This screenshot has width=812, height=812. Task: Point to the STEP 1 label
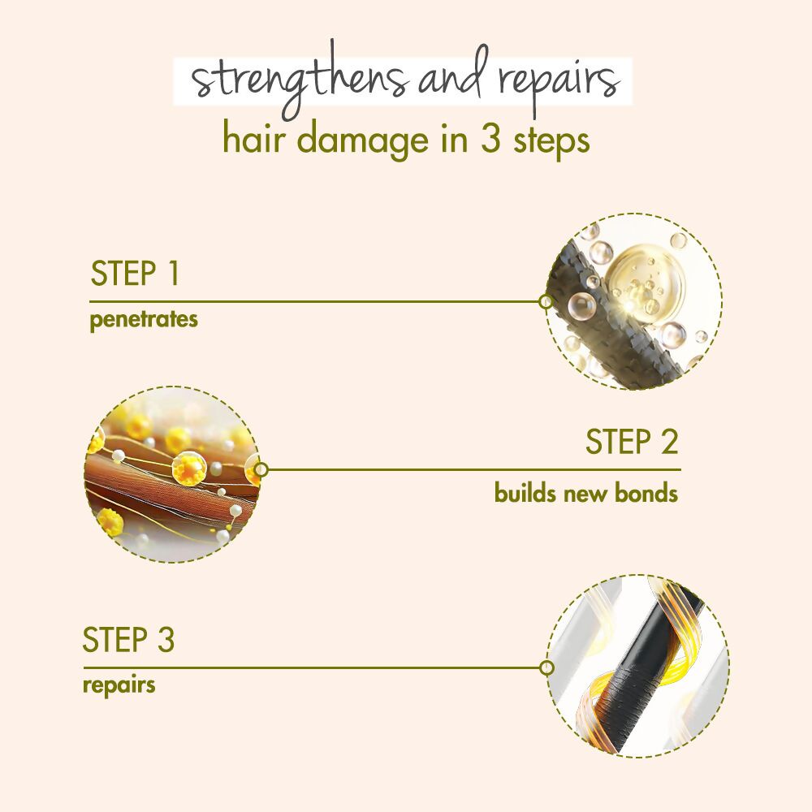coord(134,274)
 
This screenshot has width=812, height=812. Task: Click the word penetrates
coord(144,319)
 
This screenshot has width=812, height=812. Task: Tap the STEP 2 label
coord(632,443)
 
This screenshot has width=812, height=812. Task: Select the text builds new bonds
coord(585,493)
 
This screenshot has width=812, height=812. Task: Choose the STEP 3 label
coord(128,641)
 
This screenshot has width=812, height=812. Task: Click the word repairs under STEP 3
coord(119,685)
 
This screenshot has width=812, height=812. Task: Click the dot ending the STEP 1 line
coord(546,302)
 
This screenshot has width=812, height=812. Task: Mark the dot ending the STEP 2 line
coord(261,469)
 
